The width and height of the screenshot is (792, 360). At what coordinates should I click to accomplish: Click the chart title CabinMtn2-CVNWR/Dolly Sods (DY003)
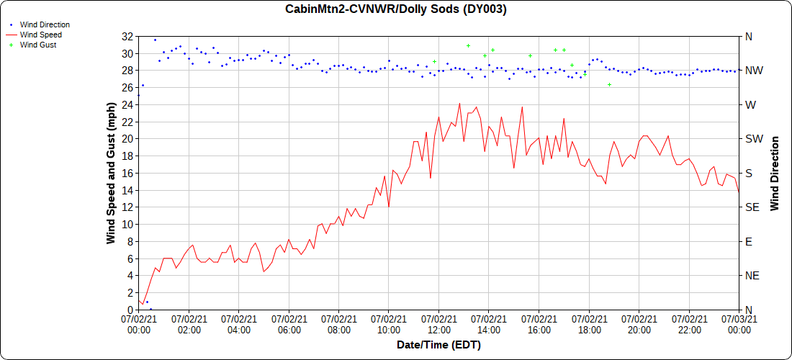(x=396, y=9)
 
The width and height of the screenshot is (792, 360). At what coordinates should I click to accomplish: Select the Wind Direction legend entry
(x=45, y=24)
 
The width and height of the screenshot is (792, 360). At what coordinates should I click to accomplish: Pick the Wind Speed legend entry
(x=40, y=35)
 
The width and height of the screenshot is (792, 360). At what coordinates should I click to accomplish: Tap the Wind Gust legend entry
(x=38, y=45)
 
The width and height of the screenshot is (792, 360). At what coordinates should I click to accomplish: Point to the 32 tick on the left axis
(x=127, y=36)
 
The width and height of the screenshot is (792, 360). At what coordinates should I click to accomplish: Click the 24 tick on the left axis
(x=127, y=104)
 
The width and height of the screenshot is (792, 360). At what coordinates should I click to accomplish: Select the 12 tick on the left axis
(x=127, y=207)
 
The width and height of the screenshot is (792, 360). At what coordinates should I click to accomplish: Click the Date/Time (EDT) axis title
(x=438, y=345)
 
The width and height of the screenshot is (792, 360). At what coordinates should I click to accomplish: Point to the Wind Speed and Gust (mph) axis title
(x=111, y=173)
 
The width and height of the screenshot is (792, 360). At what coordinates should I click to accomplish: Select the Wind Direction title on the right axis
(x=775, y=173)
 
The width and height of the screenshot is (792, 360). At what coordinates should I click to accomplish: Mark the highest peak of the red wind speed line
(x=459, y=103)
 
